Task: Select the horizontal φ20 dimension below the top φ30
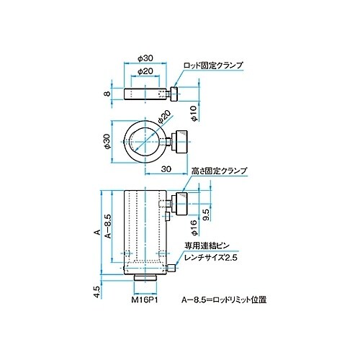point(146,72)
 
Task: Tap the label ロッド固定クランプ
point(214,65)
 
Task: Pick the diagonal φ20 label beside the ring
point(163,117)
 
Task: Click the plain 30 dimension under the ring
point(166,170)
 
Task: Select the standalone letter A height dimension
point(95,233)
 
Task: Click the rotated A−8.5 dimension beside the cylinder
point(107,225)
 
